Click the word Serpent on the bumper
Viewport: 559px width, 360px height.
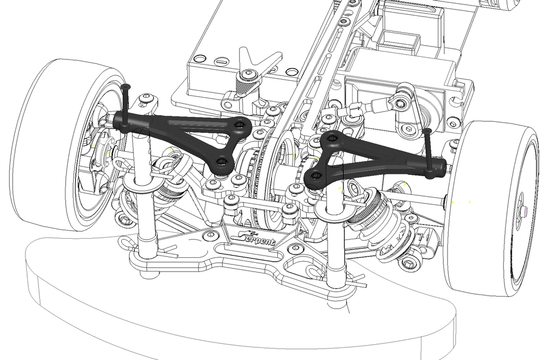(x=258, y=238)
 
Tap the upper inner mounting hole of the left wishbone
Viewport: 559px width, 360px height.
(x=240, y=125)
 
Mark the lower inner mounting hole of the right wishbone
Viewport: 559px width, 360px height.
(x=316, y=176)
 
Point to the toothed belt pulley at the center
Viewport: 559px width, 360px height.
(x=258, y=186)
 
